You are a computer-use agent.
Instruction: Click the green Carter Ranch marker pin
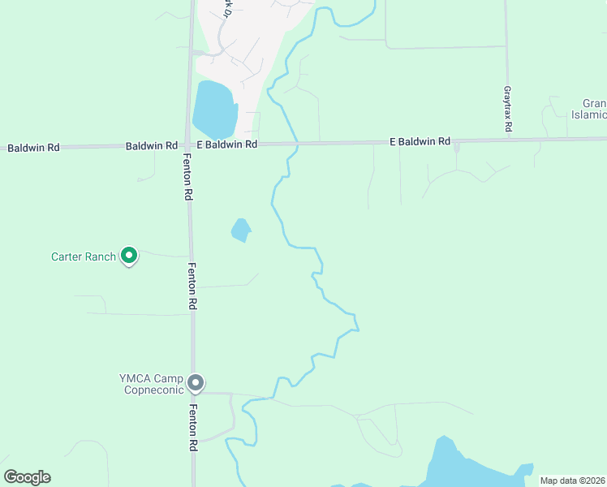pyautogui.click(x=128, y=256)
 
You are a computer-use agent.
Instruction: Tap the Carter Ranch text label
pyautogui.click(x=84, y=257)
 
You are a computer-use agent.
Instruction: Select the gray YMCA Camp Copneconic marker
pyautogui.click(x=195, y=382)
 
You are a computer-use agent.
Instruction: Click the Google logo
pyautogui.click(x=27, y=477)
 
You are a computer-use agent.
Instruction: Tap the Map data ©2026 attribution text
pyautogui.click(x=572, y=481)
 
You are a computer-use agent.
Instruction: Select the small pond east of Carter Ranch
pyautogui.click(x=240, y=231)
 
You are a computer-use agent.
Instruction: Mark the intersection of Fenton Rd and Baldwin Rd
pyautogui.click(x=189, y=145)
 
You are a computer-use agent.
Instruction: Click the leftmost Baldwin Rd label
pyautogui.click(x=33, y=148)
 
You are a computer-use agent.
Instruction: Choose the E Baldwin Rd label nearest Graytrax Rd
pyautogui.click(x=420, y=141)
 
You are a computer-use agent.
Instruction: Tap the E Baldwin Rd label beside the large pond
pyautogui.click(x=226, y=144)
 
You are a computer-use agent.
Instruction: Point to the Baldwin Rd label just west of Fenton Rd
pyautogui.click(x=152, y=145)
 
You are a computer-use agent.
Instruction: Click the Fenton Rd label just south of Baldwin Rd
pyautogui.click(x=187, y=177)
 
